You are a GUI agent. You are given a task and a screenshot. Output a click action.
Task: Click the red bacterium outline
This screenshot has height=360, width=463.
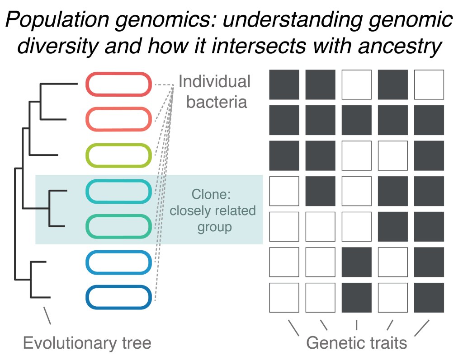click(118, 84)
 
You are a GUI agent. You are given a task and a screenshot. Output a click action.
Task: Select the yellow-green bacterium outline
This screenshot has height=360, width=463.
click(118, 155)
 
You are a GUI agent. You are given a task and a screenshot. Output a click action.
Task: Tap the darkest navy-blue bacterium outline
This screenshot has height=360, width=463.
click(118, 297)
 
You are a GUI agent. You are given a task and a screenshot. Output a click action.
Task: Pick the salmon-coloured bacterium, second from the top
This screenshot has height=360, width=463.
click(118, 120)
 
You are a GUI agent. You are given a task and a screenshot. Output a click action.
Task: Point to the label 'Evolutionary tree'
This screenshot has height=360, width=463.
click(87, 343)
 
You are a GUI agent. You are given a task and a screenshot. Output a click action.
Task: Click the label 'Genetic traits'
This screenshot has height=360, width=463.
click(357, 343)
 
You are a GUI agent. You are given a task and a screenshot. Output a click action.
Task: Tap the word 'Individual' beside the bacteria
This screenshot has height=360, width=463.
click(214, 82)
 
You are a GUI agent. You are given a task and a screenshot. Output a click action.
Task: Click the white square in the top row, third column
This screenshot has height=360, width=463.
click(357, 84)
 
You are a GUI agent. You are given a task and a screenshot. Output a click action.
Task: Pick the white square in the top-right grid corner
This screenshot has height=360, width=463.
click(429, 84)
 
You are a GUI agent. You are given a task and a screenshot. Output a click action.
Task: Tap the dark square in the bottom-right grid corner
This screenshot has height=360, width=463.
click(429, 297)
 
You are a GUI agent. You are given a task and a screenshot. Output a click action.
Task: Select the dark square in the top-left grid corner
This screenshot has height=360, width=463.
click(284, 84)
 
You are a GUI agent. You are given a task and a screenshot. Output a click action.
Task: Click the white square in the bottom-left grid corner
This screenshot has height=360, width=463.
click(284, 297)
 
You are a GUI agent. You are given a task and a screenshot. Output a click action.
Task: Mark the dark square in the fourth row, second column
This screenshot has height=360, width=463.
click(320, 191)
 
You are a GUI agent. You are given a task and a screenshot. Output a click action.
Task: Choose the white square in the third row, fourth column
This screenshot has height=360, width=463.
click(393, 155)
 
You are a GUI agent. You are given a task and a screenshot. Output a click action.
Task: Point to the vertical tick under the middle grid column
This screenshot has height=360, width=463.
click(357, 324)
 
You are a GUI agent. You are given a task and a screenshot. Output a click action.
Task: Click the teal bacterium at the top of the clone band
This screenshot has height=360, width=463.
click(118, 191)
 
